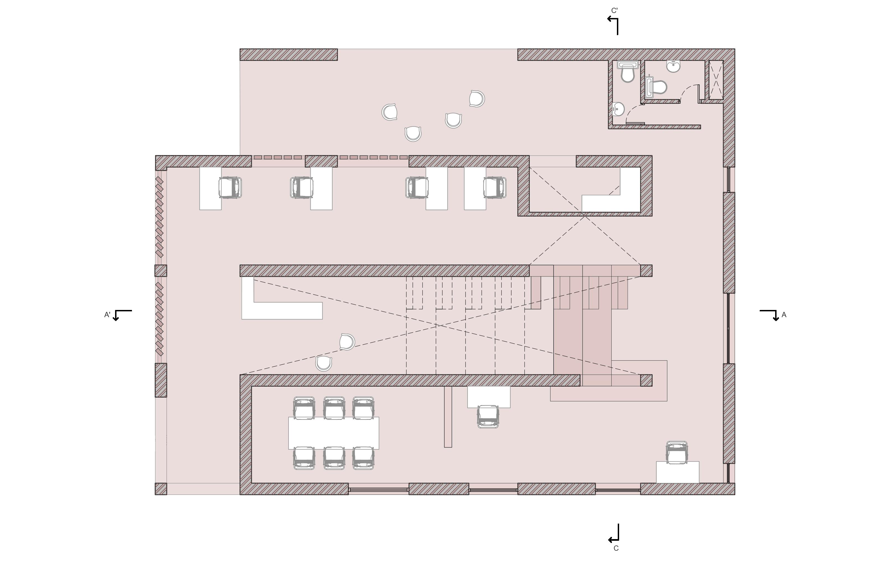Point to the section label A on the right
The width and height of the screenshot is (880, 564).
pos(784,315)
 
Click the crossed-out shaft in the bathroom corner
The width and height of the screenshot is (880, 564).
pos(716,80)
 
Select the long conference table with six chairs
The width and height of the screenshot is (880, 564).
pos(333,433)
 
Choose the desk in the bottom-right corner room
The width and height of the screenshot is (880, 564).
pos(677,472)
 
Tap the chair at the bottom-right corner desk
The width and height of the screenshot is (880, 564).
pos(676,453)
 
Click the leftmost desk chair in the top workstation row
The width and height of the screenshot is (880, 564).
pos(230,188)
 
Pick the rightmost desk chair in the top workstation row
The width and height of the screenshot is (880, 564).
pos(495,188)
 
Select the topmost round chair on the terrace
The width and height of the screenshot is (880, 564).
pos(477,99)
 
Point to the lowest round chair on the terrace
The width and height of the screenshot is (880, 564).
pos(413,134)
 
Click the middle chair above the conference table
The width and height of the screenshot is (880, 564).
pos(334,408)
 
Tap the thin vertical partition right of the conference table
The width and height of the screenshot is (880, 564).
pos(448,417)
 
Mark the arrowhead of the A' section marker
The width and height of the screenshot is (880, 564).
pos(116,319)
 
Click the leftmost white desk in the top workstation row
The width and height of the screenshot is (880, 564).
pos(210,189)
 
